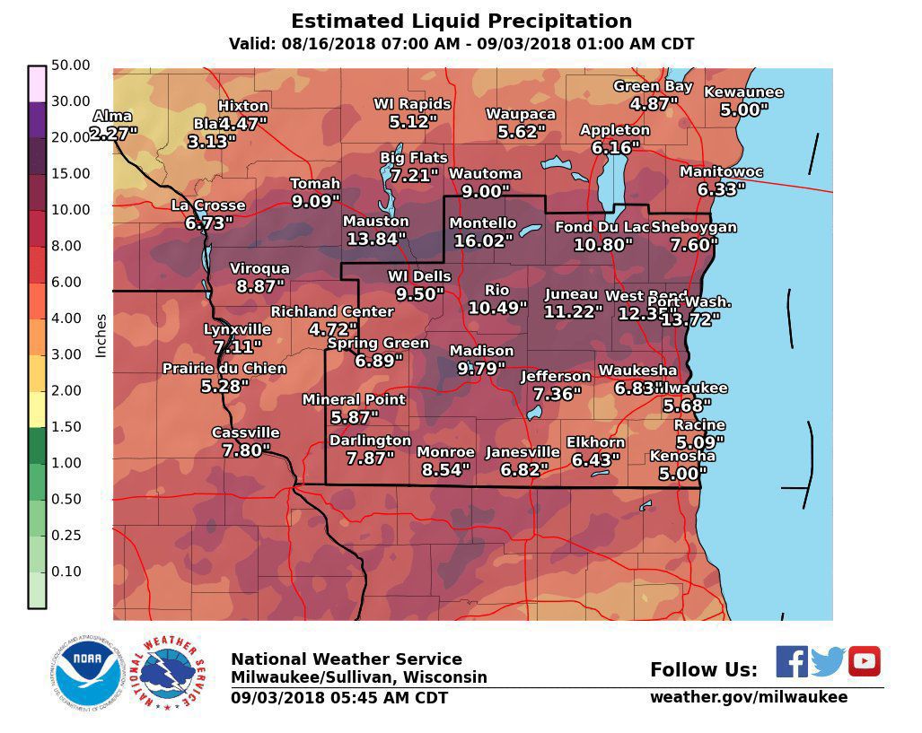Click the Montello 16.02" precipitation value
[x=483, y=241]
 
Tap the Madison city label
[x=481, y=351]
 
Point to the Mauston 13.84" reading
[x=375, y=240]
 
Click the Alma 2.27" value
[x=113, y=134]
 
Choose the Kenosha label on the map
[x=682, y=456]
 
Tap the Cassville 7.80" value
[x=245, y=450]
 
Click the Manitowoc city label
[x=721, y=171]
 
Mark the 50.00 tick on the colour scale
[x=70, y=65]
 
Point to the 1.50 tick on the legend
[x=70, y=427]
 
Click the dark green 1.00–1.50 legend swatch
[x=37, y=445]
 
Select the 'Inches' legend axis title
[x=101, y=336]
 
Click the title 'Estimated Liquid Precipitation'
[x=461, y=22]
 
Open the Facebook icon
[x=791, y=661]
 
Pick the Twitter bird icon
[x=828, y=661]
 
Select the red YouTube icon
[x=864, y=661]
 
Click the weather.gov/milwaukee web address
[x=748, y=697]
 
